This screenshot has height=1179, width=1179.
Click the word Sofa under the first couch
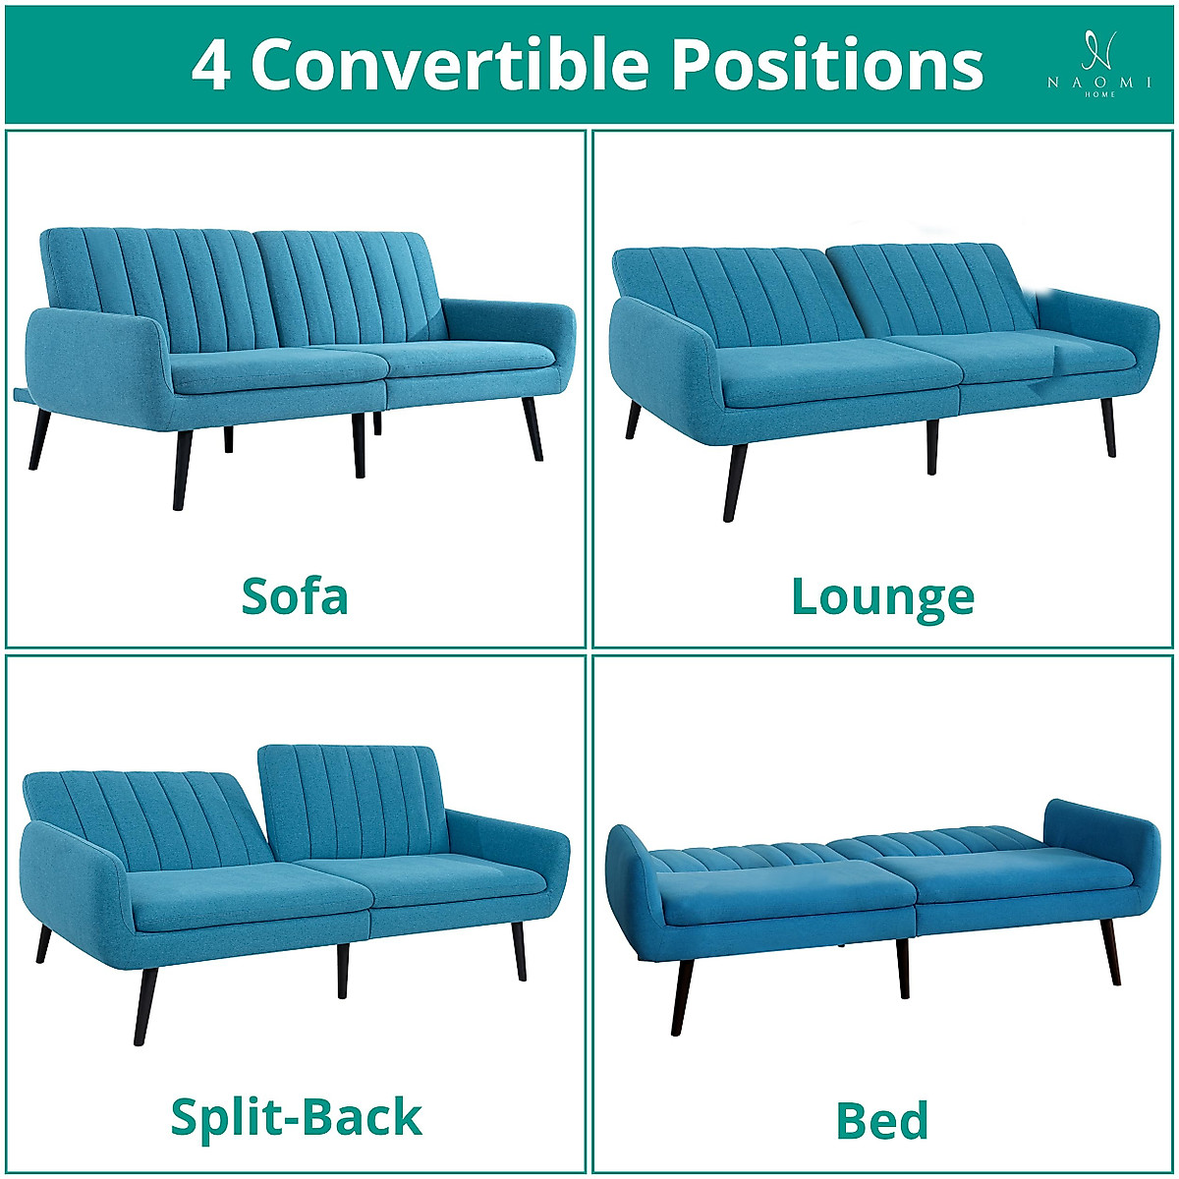pyautogui.click(x=295, y=596)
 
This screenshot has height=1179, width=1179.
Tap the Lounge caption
pyautogui.click(x=882, y=597)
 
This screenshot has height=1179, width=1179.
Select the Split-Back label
pyautogui.click(x=296, y=1117)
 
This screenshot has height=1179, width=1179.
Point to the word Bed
pyautogui.click(x=881, y=1120)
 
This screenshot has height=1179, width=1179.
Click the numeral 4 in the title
pyautogui.click(x=211, y=66)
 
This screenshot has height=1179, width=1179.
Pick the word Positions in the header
pyautogui.click(x=826, y=66)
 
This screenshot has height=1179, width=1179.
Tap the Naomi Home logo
pyautogui.click(x=1098, y=65)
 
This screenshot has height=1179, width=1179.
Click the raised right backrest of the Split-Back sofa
pyautogui.click(x=349, y=801)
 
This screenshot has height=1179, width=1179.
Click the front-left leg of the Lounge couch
pyautogui.click(x=734, y=480)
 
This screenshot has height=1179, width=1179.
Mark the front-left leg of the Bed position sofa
pyautogui.click(x=682, y=996)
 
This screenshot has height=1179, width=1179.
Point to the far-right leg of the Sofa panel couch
pyautogui.click(x=533, y=427)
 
